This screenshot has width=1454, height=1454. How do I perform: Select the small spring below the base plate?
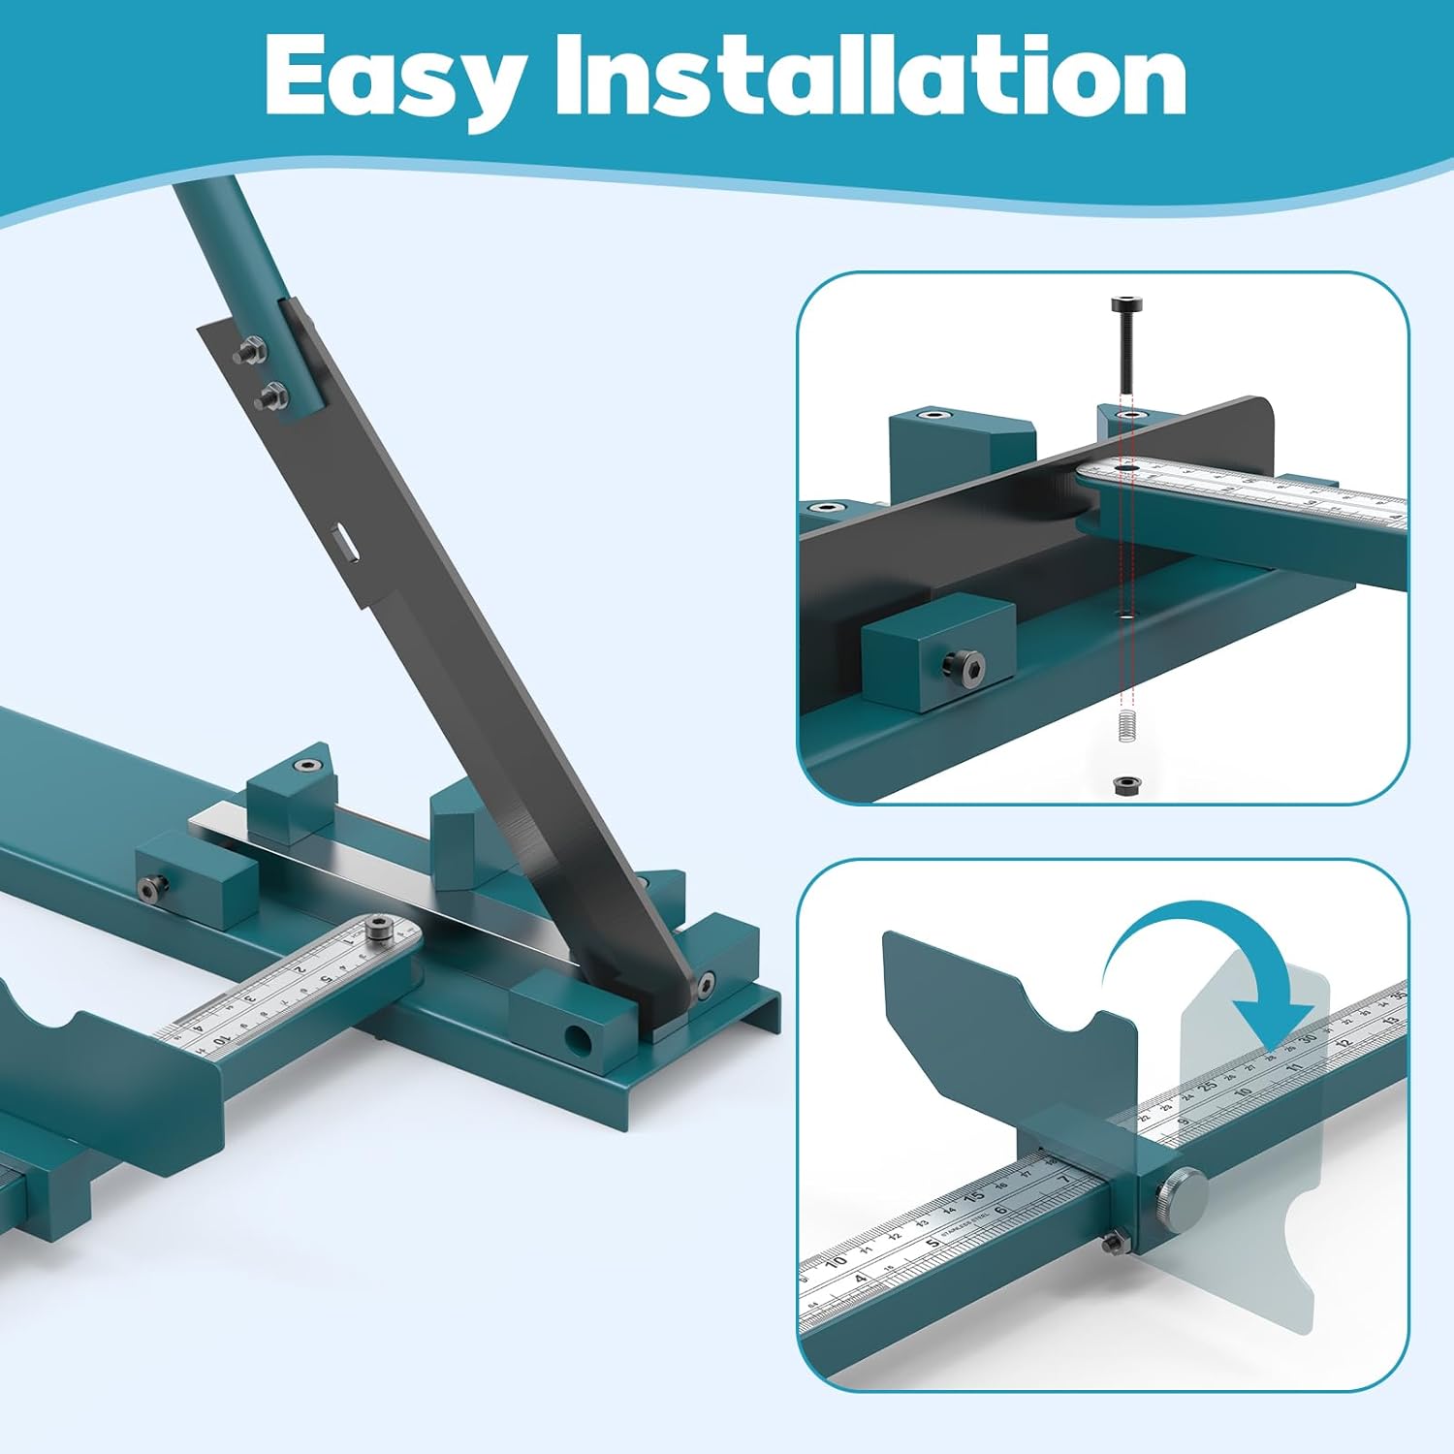(1125, 726)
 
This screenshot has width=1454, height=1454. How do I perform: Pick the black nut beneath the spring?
(1125, 782)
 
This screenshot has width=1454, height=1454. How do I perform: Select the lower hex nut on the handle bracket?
(270, 395)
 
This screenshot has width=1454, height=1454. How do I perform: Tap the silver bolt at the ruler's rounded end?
(377, 929)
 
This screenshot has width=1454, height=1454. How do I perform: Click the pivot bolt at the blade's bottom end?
(705, 986)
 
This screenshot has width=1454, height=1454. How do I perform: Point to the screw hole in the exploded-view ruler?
(1125, 468)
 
